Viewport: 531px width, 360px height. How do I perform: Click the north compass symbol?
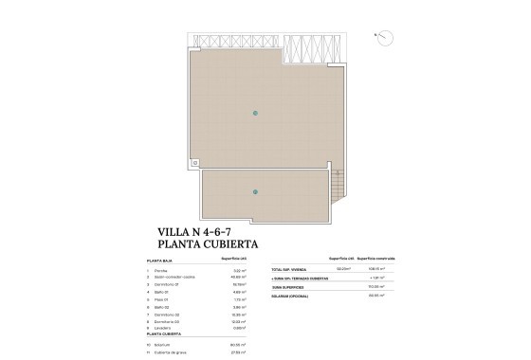(x=387, y=35)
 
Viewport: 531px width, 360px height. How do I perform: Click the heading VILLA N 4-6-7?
(x=196, y=230)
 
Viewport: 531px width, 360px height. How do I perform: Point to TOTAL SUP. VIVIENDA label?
(x=288, y=269)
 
